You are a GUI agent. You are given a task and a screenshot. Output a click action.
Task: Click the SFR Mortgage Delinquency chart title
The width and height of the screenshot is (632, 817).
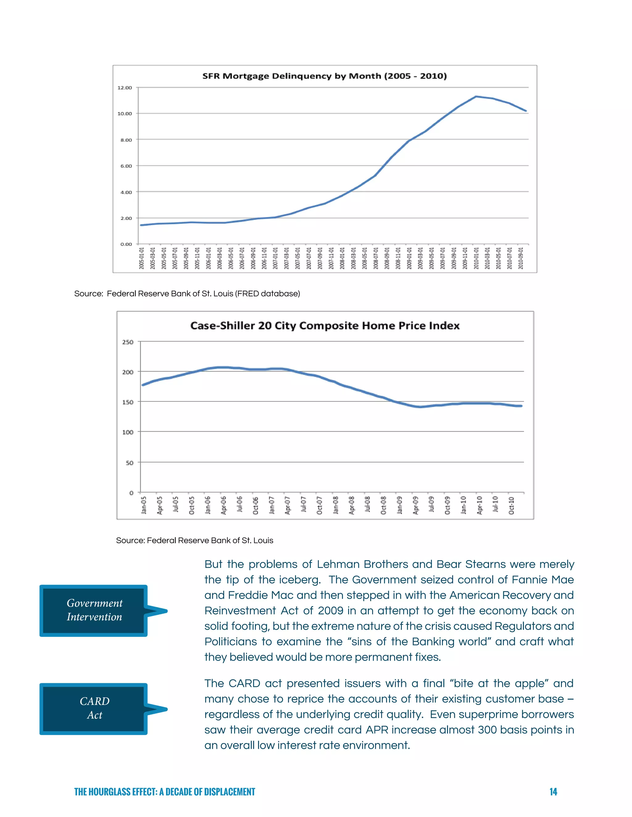(324, 76)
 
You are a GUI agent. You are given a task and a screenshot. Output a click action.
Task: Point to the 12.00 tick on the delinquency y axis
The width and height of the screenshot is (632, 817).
(125, 88)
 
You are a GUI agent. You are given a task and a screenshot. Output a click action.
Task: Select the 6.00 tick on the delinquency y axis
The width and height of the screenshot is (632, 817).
(126, 166)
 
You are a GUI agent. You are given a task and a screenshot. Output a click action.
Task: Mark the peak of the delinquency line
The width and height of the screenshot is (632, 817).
(476, 96)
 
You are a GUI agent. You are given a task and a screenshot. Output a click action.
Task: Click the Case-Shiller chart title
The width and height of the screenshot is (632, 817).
(325, 326)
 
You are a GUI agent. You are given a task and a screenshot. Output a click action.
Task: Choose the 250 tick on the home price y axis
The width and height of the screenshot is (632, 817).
(128, 342)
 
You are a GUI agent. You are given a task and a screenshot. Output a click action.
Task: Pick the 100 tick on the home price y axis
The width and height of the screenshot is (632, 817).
(128, 432)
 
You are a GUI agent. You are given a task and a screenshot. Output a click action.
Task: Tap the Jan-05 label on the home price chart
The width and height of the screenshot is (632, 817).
(144, 505)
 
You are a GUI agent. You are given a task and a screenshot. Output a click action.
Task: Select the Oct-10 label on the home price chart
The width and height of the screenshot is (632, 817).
(511, 505)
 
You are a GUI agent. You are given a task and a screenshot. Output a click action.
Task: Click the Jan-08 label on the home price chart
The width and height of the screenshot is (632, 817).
(335, 505)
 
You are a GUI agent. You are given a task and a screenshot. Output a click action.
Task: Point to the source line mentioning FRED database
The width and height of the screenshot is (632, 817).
(187, 294)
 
